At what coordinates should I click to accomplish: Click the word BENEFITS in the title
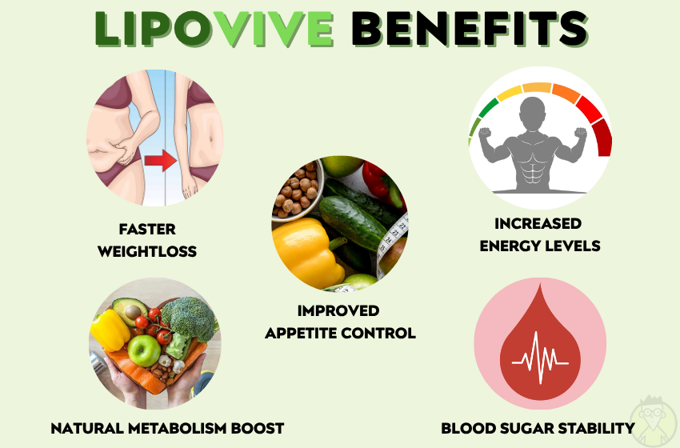(470, 29)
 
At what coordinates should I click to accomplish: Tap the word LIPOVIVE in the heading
(214, 29)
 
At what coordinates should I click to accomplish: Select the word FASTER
(147, 229)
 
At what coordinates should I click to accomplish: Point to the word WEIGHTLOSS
(147, 251)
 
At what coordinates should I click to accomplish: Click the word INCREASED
(538, 223)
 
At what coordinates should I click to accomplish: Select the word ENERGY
(506, 246)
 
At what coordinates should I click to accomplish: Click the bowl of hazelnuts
(298, 189)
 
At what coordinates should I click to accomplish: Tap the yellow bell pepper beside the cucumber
(307, 251)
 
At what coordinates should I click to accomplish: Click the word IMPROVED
(338, 310)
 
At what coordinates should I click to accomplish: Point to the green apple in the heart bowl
(144, 350)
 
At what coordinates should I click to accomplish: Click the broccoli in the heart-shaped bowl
(189, 318)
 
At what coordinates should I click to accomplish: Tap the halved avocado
(130, 310)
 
